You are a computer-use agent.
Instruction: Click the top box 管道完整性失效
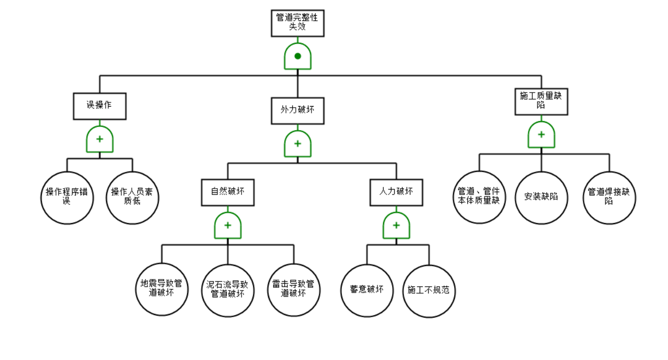click(297, 23)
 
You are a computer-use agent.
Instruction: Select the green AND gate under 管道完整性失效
click(297, 56)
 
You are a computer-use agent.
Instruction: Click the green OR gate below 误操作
click(99, 140)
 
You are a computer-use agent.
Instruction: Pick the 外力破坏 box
click(297, 111)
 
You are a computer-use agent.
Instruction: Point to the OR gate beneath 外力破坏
click(297, 144)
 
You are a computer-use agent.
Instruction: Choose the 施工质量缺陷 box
click(541, 101)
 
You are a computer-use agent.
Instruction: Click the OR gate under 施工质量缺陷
click(541, 135)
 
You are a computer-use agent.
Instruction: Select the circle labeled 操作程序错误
click(67, 198)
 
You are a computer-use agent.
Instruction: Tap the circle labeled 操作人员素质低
click(132, 198)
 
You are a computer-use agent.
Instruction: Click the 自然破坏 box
click(228, 192)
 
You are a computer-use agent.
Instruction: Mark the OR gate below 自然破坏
click(228, 226)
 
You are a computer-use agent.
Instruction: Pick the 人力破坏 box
click(396, 192)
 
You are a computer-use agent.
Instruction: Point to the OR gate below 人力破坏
click(396, 226)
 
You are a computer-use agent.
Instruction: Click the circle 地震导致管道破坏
click(162, 289)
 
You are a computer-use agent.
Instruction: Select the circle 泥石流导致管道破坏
click(228, 291)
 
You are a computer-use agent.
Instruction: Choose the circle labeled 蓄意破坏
click(367, 291)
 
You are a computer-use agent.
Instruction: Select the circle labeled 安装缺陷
click(541, 198)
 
